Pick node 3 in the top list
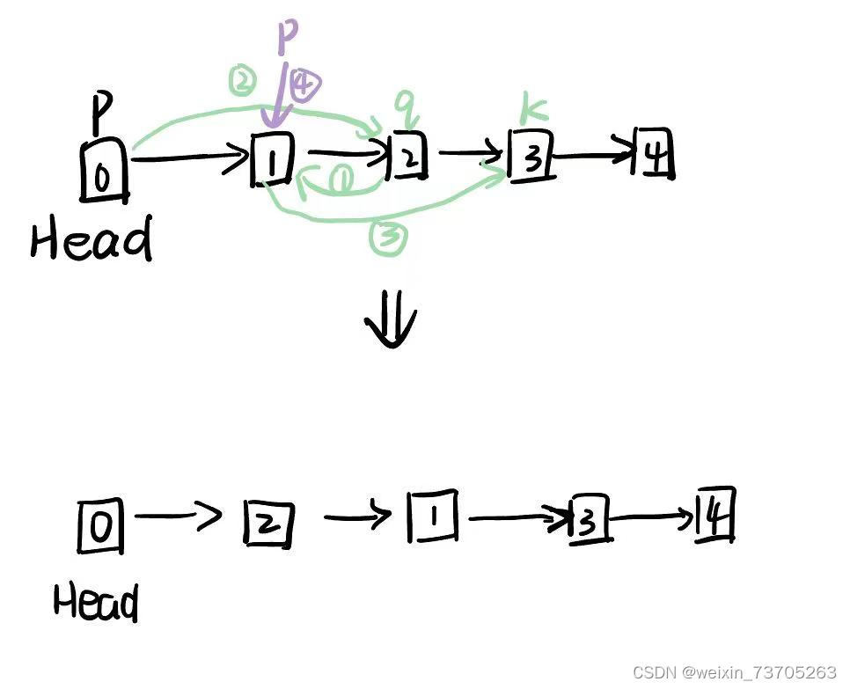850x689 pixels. pyautogui.click(x=531, y=158)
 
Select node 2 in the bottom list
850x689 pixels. pyautogui.click(x=267, y=524)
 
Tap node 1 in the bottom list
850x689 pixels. pyautogui.click(x=432, y=517)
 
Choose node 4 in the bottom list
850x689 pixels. pyautogui.click(x=714, y=516)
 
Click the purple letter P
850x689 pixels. pyautogui.click(x=288, y=39)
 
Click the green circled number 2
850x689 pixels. pyautogui.click(x=241, y=83)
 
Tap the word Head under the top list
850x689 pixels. pyautogui.click(x=91, y=239)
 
